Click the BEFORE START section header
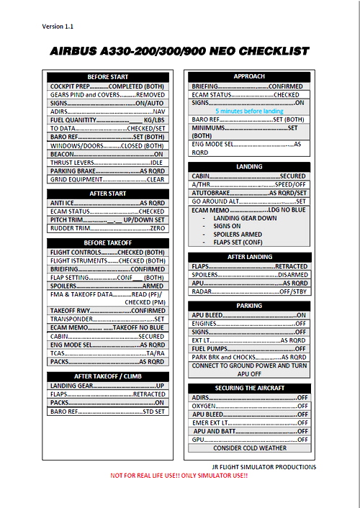point(108,77)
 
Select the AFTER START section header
point(108,194)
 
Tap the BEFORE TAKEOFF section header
point(108,243)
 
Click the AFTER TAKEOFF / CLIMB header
point(108,376)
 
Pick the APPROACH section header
point(248,76)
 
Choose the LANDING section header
point(248,166)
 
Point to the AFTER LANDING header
point(248,257)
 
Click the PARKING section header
point(248,306)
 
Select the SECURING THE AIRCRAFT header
point(248,388)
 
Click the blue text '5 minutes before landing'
point(248,111)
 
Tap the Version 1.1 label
point(58,27)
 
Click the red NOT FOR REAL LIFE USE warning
point(179,476)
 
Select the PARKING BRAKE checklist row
point(108,171)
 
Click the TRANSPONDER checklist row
point(108,319)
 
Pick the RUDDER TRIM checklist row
point(108,228)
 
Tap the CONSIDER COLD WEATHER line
point(248,448)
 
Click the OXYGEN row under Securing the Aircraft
point(248,406)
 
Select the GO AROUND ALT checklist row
point(248,201)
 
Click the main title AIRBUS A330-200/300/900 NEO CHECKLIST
point(179,52)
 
